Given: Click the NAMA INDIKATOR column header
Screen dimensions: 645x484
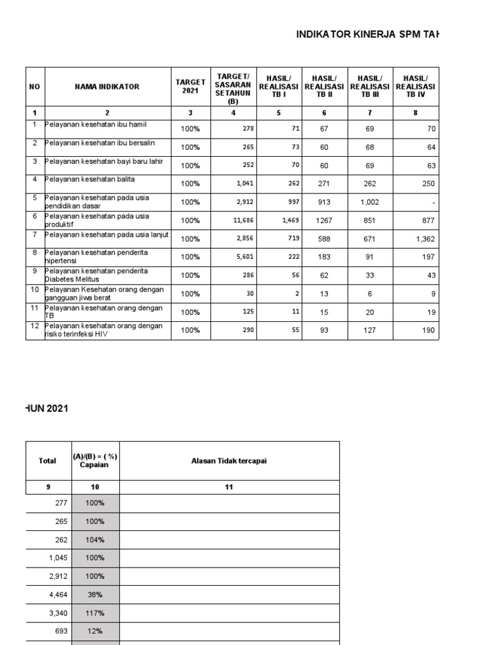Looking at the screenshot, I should pyautogui.click(x=107, y=87).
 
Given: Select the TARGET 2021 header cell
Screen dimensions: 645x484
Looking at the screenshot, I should pyautogui.click(x=190, y=87).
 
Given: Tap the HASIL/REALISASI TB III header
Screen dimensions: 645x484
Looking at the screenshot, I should pyautogui.click(x=370, y=87).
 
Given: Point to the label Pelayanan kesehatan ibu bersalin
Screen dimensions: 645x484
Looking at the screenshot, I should pyautogui.click(x=95, y=143).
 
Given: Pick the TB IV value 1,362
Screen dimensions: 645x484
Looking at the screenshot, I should pyautogui.click(x=425, y=239).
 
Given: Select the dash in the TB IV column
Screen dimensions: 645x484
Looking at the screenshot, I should pyautogui.click(x=434, y=203).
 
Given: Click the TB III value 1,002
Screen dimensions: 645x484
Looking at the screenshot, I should pyautogui.click(x=370, y=203).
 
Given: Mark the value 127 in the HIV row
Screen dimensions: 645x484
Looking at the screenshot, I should pyautogui.click(x=370, y=331).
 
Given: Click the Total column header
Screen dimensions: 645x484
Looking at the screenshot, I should pyautogui.click(x=47, y=461).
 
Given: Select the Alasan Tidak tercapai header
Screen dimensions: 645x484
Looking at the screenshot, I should pyautogui.click(x=229, y=461).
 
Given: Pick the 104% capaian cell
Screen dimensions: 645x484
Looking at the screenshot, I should pyautogui.click(x=96, y=540).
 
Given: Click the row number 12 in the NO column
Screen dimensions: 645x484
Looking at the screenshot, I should pyautogui.click(x=35, y=326).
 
